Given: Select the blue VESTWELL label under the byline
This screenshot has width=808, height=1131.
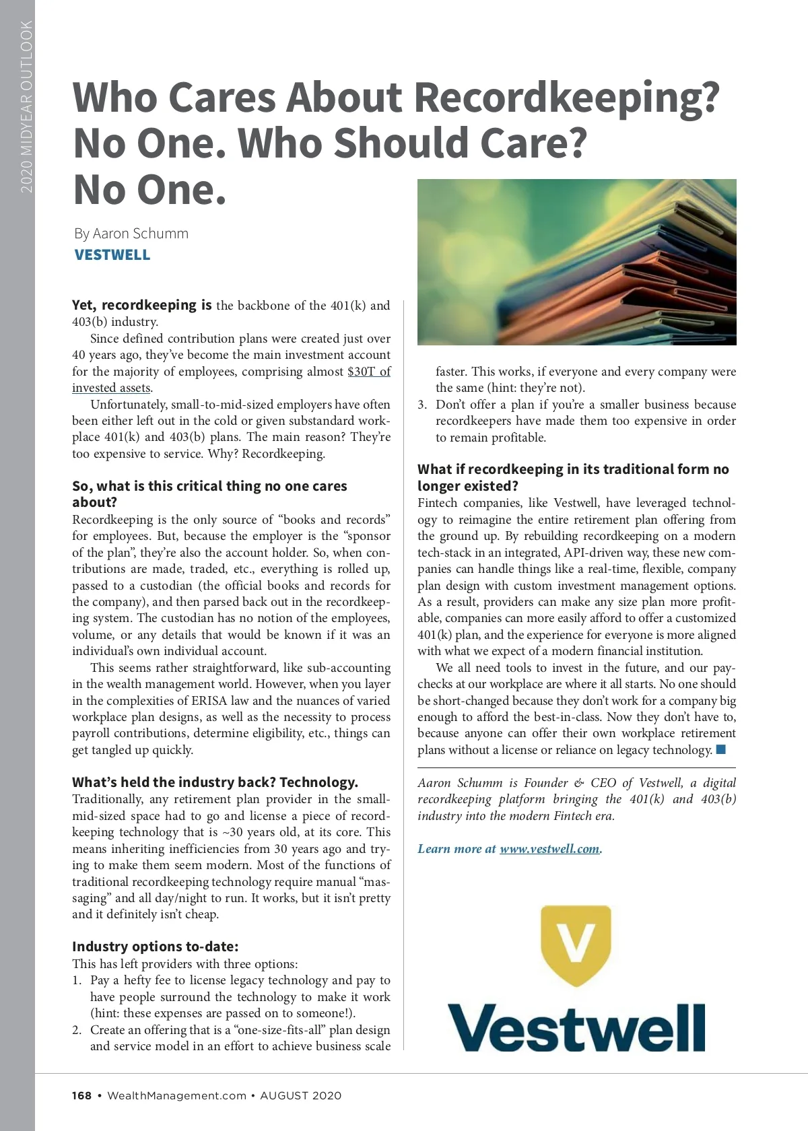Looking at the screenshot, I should (112, 255).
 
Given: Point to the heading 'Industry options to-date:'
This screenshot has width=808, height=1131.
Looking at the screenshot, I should (156, 947).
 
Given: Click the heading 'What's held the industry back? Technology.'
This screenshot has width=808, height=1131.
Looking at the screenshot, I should (215, 782).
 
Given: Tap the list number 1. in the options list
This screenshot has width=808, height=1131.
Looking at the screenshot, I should (77, 980).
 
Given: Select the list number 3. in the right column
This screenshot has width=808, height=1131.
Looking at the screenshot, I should (422, 405).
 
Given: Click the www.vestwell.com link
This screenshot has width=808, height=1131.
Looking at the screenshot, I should (549, 849).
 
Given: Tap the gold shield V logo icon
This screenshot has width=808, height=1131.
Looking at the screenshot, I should (576, 945).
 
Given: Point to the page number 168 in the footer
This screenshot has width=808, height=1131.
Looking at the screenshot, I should (81, 1095).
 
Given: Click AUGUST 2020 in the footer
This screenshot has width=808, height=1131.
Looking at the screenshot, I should (301, 1095).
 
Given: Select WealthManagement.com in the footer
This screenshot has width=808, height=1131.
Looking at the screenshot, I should (176, 1095).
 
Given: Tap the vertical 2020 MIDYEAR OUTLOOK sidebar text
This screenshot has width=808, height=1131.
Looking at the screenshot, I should (26, 106).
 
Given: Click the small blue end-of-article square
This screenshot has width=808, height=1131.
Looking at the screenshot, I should (720, 749).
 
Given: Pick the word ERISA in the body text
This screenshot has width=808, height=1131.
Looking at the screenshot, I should (209, 701).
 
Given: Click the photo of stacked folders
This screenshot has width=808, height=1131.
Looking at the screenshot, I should (576, 262).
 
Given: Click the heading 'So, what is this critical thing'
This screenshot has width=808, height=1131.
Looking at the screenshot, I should (209, 486).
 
